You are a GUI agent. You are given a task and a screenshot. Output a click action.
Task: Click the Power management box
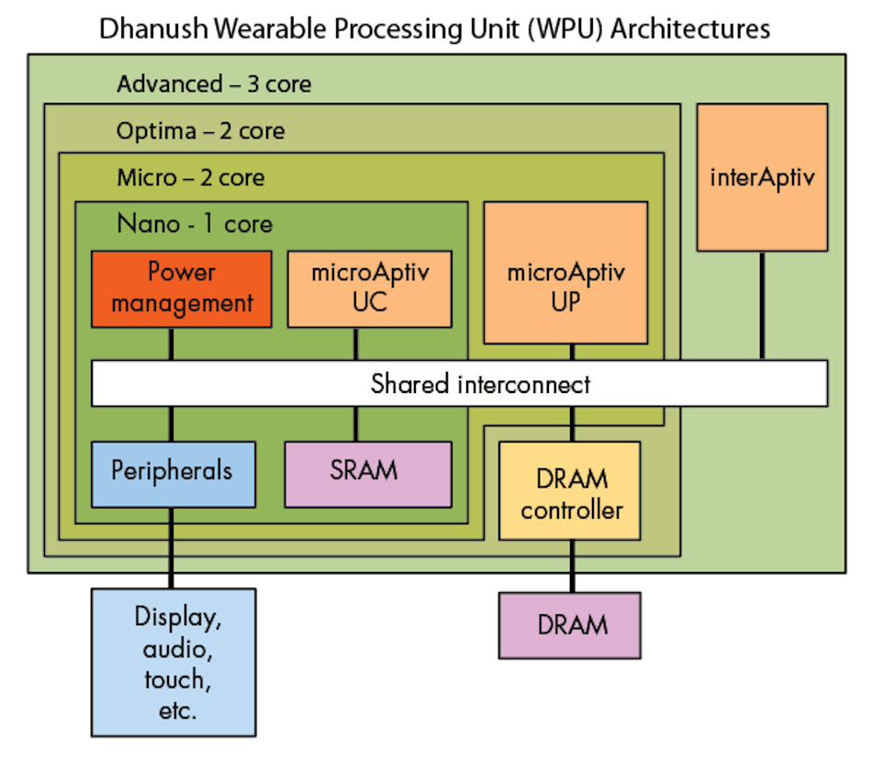coord(182,288)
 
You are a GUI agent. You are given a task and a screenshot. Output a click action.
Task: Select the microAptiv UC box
coord(369,288)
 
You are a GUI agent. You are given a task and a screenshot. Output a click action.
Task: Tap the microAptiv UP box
coord(565,273)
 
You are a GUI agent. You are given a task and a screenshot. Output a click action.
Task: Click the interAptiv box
coord(762,177)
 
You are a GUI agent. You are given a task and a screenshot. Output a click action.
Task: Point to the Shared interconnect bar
coord(459,383)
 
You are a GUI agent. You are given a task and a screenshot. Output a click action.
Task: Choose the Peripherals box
coord(173,473)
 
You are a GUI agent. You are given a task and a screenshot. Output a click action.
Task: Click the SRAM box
coord(367,473)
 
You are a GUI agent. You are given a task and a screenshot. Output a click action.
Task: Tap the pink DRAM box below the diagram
coord(569,625)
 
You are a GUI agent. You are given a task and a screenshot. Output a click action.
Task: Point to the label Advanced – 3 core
coord(214,84)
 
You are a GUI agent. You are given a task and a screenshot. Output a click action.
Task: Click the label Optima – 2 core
coord(200,131)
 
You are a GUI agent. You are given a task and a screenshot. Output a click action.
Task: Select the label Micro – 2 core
coord(190,177)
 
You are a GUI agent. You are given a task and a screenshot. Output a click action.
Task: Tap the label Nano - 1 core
coord(195,224)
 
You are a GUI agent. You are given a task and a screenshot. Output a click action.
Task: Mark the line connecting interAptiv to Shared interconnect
coord(762,305)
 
